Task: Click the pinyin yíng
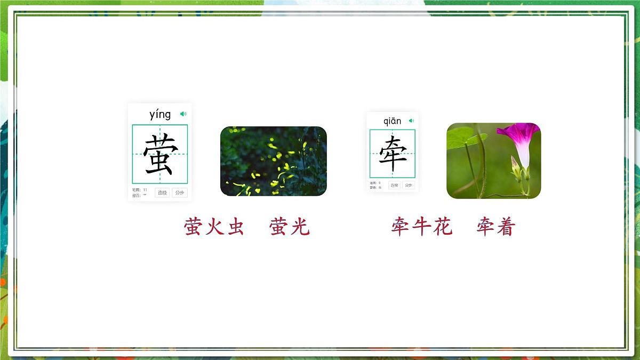pyautogui.click(x=160, y=114)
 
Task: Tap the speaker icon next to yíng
pyautogui.click(x=183, y=114)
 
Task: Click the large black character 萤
pyautogui.click(x=160, y=154)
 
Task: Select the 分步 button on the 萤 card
pyautogui.click(x=180, y=193)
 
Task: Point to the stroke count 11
pyautogui.click(x=145, y=190)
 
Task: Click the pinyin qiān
pyautogui.click(x=392, y=121)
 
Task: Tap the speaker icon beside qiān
pyautogui.click(x=411, y=121)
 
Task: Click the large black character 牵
pyautogui.click(x=393, y=154)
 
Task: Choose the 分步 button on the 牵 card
pyautogui.click(x=409, y=185)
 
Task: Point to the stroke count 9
pyautogui.click(x=379, y=183)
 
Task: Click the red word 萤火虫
pyautogui.click(x=214, y=227)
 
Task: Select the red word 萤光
pyautogui.click(x=290, y=227)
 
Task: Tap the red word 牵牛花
pyautogui.click(x=421, y=227)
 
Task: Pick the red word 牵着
pyautogui.click(x=496, y=227)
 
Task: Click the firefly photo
pyautogui.click(x=273, y=161)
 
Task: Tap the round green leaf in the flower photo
pyautogui.click(x=461, y=138)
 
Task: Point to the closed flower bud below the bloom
pyautogui.click(x=516, y=169)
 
